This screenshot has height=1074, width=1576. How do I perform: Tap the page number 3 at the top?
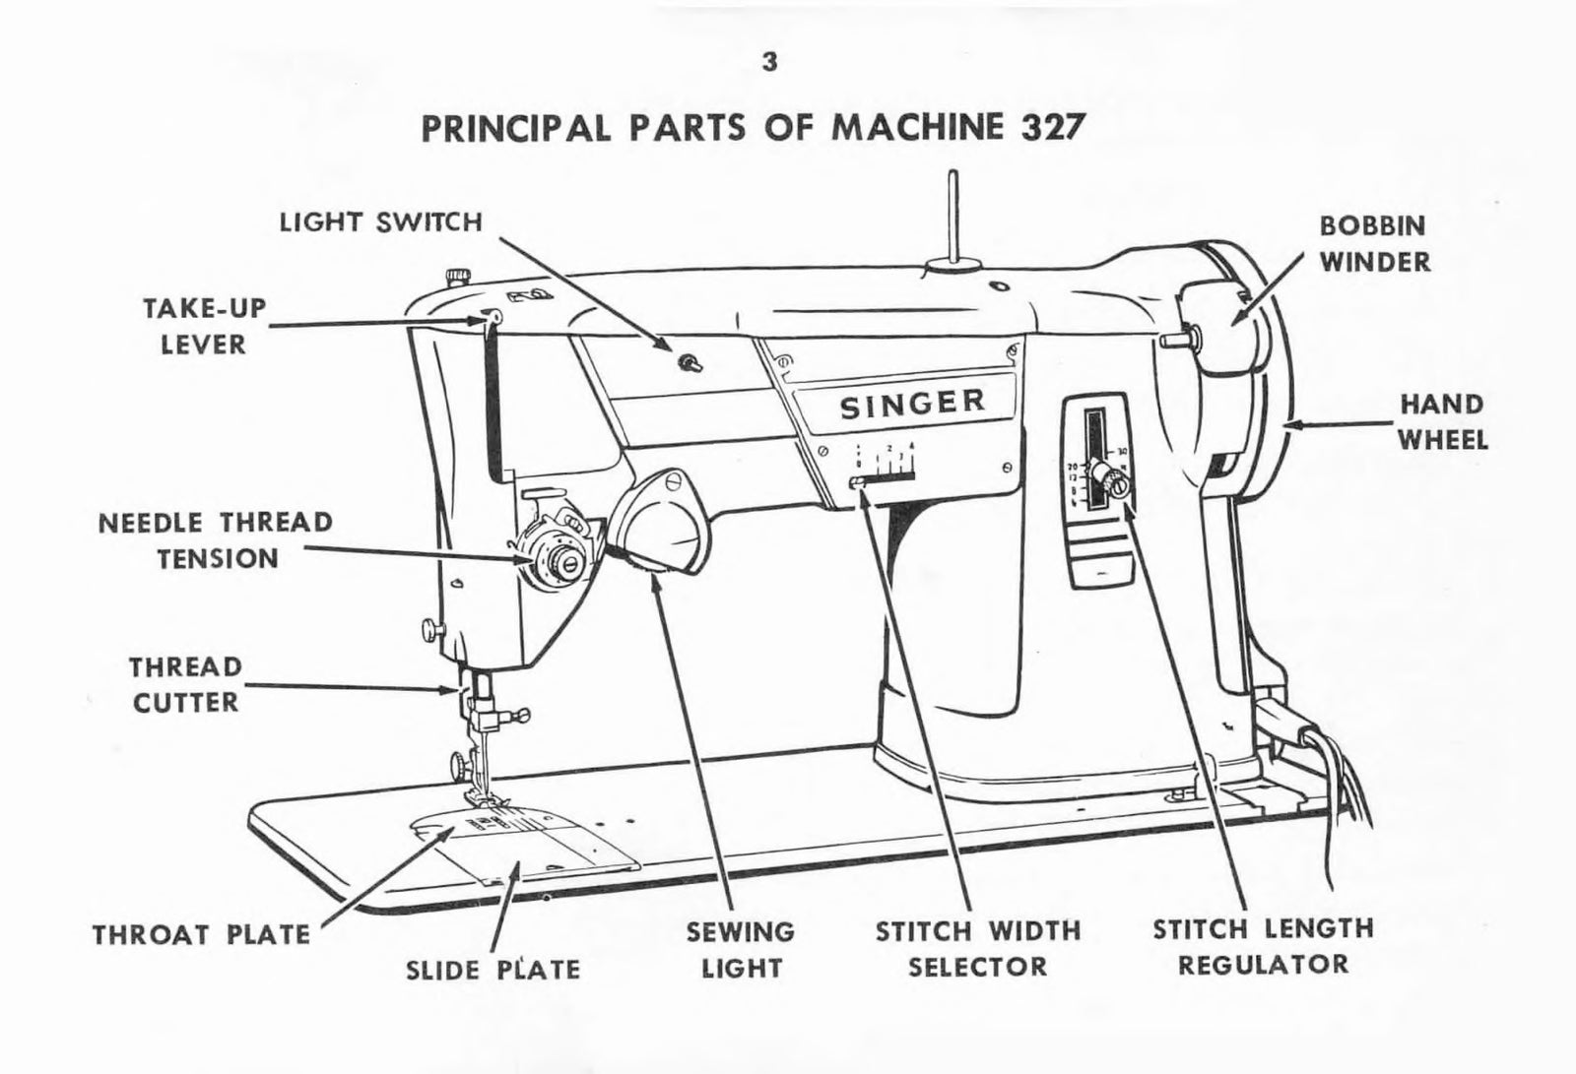click(769, 61)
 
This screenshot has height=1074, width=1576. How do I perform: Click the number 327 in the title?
click(1049, 128)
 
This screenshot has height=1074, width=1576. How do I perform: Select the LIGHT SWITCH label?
click(381, 221)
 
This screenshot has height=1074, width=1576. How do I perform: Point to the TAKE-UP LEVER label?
click(206, 326)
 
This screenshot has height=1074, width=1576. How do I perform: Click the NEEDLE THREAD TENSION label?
click(216, 539)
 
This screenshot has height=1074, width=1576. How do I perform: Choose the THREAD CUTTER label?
click(185, 684)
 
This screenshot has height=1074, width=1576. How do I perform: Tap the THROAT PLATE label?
click(202, 933)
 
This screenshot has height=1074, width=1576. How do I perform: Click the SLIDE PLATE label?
click(492, 970)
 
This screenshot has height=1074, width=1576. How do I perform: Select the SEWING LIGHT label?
click(741, 949)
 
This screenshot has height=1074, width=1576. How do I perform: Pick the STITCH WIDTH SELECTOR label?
click(978, 948)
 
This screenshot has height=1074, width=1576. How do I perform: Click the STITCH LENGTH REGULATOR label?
click(1263, 945)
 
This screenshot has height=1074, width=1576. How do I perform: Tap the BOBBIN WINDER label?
click(1374, 243)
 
